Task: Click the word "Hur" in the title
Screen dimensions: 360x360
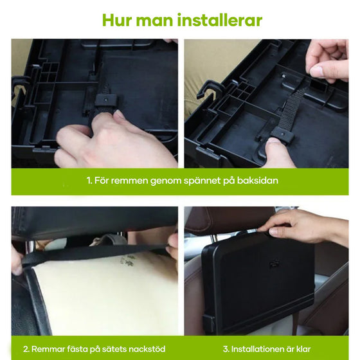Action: pos(116,20)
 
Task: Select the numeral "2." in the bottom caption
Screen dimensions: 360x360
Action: pos(26,349)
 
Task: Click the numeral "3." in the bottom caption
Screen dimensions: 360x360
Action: pos(226,349)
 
